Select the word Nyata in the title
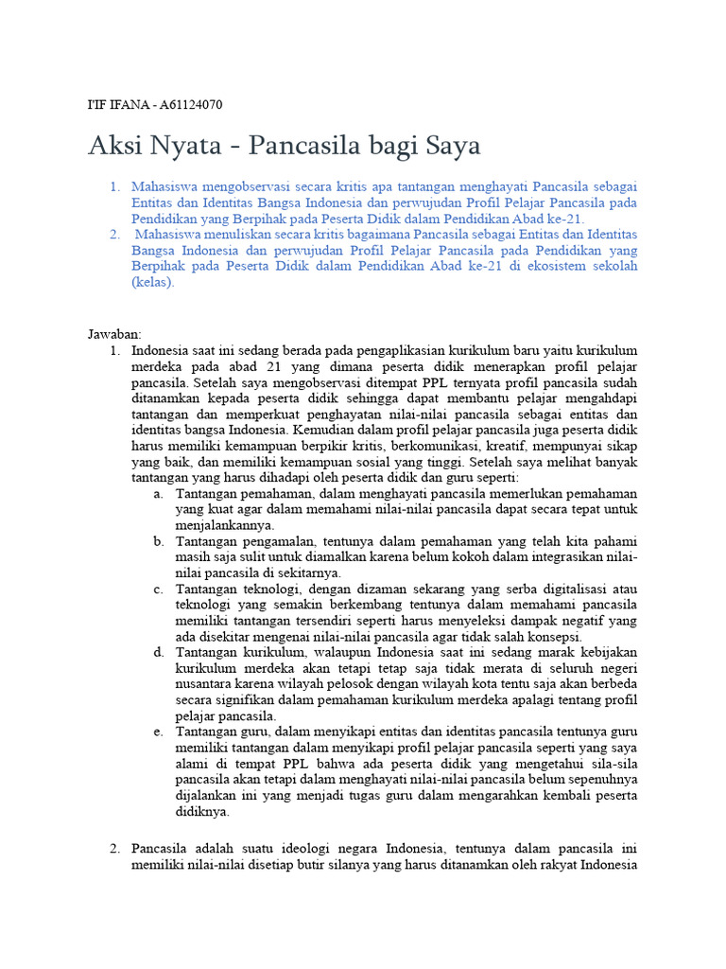pyautogui.click(x=172, y=147)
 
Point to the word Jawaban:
pyautogui.click(x=114, y=334)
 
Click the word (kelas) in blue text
pyautogui.click(x=153, y=283)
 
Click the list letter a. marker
pyautogui.click(x=157, y=494)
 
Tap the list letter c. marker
pyautogui.click(x=157, y=590)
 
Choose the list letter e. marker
pyautogui.click(x=157, y=731)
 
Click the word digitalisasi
pyautogui.click(x=575, y=590)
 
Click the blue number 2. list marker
pyautogui.click(x=114, y=235)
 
